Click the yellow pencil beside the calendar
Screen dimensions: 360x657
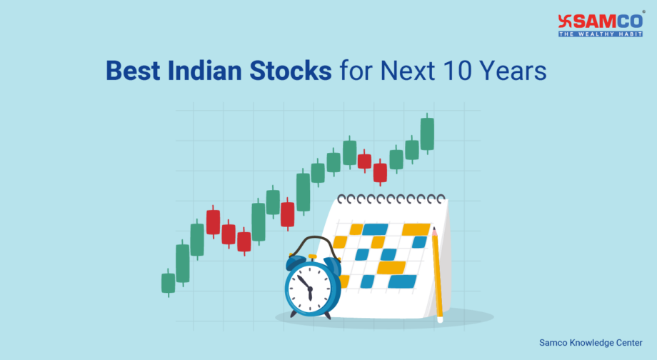coord(436,274)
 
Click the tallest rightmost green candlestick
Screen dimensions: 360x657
coord(427,134)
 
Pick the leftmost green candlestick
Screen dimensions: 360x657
coord(168,283)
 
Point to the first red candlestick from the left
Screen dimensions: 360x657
coord(213,222)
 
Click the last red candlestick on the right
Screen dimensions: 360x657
coord(380,172)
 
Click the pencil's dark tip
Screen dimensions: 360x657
coord(434,229)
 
